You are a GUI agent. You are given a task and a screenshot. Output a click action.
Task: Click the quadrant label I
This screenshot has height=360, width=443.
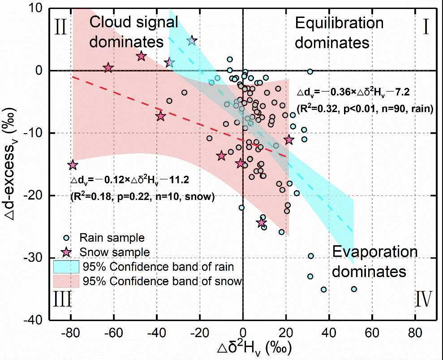coord(425,27)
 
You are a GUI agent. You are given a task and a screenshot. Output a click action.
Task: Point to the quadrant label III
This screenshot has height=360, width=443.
coord(62,299)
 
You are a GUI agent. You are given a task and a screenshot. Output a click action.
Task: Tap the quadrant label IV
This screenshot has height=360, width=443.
coord(423,299)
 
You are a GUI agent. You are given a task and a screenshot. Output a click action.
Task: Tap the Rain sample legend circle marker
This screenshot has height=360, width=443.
coord(66,238)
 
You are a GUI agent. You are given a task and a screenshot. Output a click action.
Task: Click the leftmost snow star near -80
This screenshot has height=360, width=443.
coord(73,165)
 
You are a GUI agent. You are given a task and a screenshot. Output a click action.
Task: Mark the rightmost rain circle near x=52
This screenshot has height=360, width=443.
coord(354,289)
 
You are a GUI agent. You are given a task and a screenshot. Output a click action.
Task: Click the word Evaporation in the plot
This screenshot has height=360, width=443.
coord(374,253)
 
